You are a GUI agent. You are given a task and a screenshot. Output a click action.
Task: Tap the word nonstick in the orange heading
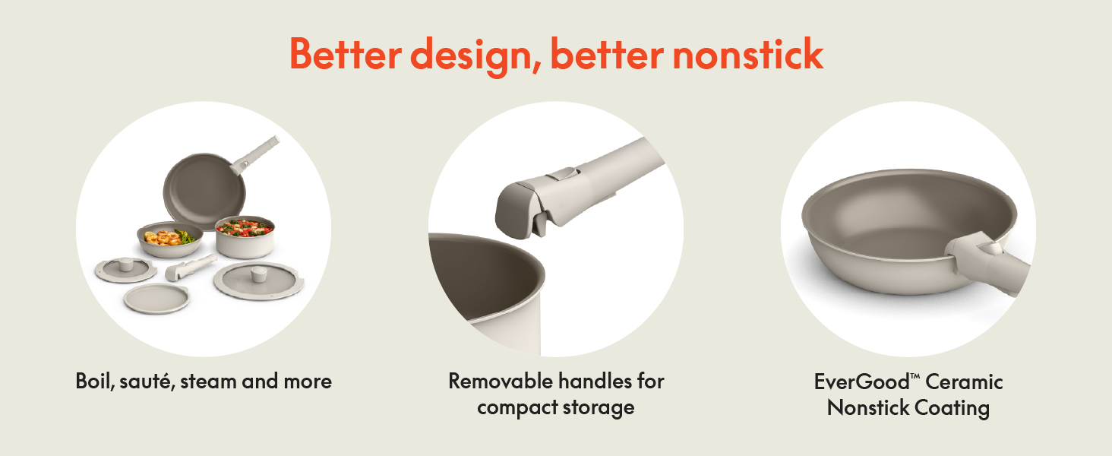[x=748, y=54]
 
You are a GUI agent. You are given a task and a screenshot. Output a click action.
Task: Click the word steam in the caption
[x=207, y=382]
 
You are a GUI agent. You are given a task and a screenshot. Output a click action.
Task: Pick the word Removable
[x=501, y=381]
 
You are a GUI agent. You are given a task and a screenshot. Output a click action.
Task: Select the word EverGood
[x=861, y=382]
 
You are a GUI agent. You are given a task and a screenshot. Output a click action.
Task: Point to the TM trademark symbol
[x=915, y=375]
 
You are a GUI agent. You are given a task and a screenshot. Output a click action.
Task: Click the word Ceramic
[x=964, y=382]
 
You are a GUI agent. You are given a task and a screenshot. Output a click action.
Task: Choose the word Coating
[x=952, y=408]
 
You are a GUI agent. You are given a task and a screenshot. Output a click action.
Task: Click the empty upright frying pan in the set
[x=205, y=190]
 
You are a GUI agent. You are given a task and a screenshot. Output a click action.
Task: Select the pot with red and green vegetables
[x=245, y=237]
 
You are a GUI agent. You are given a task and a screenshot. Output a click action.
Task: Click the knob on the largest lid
[x=258, y=274]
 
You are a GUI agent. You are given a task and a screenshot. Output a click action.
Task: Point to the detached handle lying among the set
[x=191, y=268]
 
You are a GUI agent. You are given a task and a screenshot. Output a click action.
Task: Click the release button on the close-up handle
[x=564, y=174]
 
